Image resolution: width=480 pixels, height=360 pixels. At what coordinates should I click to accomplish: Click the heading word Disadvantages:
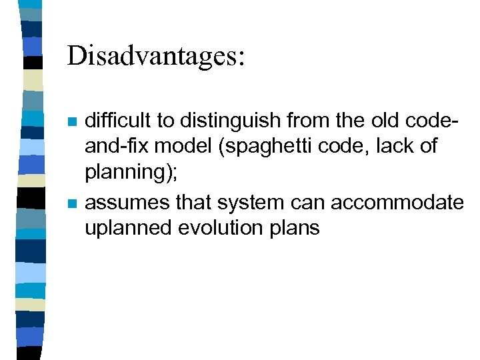pos(156,56)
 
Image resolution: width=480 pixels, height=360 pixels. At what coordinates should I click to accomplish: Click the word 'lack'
pos(397,147)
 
